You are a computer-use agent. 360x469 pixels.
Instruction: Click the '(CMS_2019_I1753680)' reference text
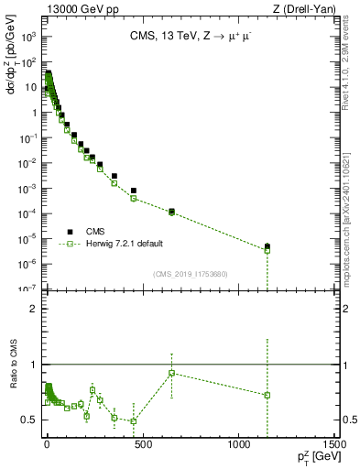tap(191, 274)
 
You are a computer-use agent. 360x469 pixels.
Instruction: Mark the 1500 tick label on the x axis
tap(335, 446)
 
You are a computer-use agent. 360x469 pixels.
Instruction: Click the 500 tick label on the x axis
tap(142, 446)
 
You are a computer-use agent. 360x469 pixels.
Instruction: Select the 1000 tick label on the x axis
tap(238, 446)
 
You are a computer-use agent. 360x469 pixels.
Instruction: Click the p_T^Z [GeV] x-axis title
tap(316, 459)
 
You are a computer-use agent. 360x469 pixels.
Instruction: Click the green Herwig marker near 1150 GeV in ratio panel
tap(267, 395)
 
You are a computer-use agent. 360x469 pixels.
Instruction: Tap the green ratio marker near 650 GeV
tap(171, 373)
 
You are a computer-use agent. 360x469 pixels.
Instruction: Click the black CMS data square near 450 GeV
tap(134, 191)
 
